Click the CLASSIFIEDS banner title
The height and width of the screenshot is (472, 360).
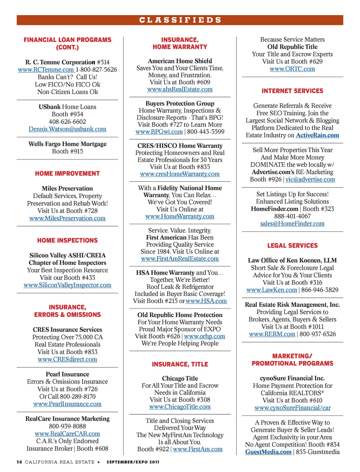(180, 20)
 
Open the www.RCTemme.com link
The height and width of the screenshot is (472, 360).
(46, 70)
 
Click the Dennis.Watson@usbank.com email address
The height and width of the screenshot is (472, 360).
(67, 129)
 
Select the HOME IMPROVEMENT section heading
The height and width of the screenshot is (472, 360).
(67, 174)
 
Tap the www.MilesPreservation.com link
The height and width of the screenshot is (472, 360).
(67, 218)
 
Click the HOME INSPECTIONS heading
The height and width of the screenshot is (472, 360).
(67, 240)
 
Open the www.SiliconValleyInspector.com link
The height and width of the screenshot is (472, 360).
(67, 285)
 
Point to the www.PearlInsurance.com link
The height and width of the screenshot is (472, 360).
(67, 404)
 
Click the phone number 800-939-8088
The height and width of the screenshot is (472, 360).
(67, 426)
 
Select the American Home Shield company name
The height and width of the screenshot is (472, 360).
(180, 61)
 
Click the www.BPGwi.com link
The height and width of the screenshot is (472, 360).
(159, 132)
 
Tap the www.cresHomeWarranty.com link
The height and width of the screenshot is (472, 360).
(180, 174)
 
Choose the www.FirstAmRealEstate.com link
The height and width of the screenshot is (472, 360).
(180, 259)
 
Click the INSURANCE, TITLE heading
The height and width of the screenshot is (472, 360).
(180, 364)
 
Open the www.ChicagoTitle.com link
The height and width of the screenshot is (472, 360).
(180, 407)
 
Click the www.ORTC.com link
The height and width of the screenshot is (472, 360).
(292, 69)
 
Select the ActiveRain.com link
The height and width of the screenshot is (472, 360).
(317, 136)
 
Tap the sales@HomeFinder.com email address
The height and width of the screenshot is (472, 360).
(292, 224)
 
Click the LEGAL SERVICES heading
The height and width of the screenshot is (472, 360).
(292, 246)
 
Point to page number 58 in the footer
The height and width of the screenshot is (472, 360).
(19, 462)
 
